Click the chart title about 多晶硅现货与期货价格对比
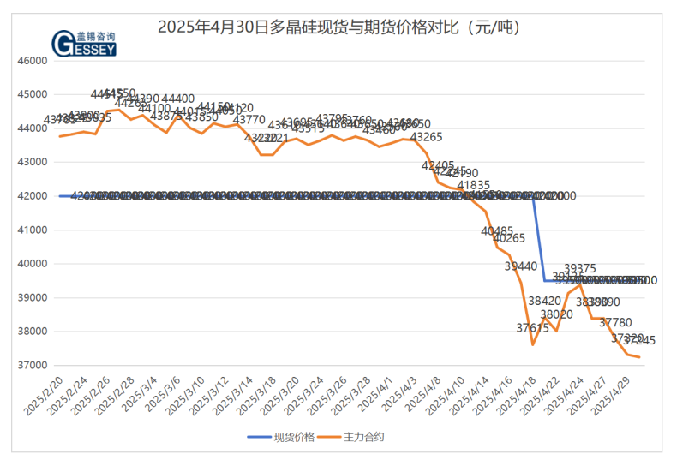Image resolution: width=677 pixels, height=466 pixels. [338, 27]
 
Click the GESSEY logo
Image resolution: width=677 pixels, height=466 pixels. [83, 43]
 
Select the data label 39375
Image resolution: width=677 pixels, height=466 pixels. [580, 269]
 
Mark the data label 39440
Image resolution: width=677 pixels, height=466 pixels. [520, 266]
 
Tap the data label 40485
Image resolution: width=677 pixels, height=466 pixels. [497, 231]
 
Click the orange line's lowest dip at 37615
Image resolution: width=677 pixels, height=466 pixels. [533, 344]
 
